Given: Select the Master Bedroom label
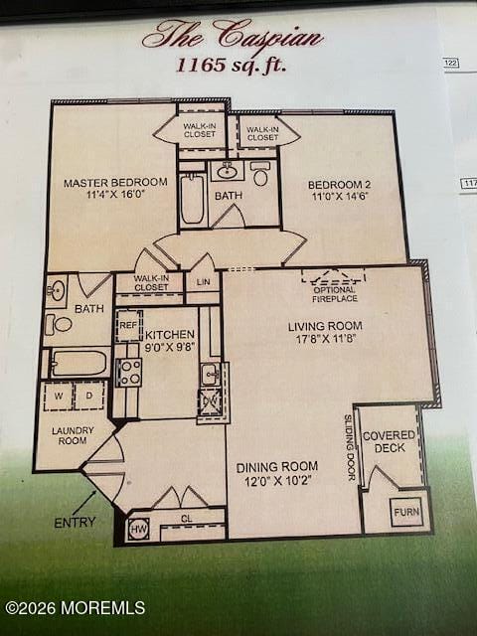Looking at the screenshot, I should pyautogui.click(x=115, y=189).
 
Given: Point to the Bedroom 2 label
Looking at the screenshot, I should pyautogui.click(x=339, y=191).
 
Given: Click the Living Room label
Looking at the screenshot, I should pyautogui.click(x=325, y=332).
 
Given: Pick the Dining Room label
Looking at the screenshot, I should pyautogui.click(x=277, y=473).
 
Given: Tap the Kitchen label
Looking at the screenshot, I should pyautogui.click(x=170, y=342).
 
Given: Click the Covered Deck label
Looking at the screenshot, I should pyautogui.click(x=390, y=442).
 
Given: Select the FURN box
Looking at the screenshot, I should pyautogui.click(x=405, y=513).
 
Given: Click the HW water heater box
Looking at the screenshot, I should pyautogui.click(x=138, y=531).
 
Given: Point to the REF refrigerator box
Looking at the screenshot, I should pyautogui.click(x=128, y=326).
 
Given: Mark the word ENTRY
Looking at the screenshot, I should pyautogui.click(x=76, y=522).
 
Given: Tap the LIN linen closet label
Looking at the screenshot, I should pyautogui.click(x=203, y=283).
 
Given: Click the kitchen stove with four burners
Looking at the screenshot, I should pyautogui.click(x=129, y=372).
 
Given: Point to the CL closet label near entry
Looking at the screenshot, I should pyautogui.click(x=186, y=519).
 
